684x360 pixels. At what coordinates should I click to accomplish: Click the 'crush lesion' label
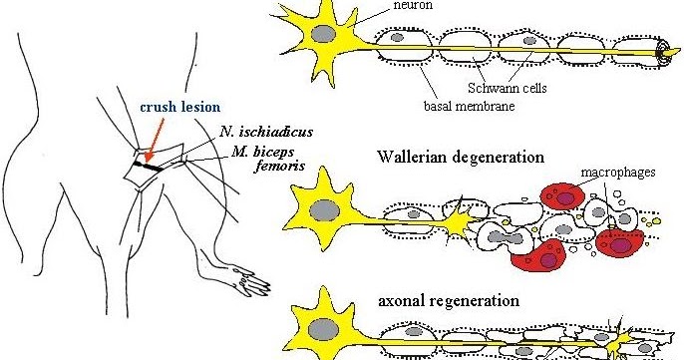[180, 107]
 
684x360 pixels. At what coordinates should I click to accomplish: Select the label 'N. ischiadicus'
[266, 132]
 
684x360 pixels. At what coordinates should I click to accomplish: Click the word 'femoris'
[279, 166]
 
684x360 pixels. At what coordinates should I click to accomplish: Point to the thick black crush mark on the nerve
[148, 166]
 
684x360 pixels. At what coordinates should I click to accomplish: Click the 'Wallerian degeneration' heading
[461, 157]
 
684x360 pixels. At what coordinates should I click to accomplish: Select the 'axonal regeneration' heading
[449, 300]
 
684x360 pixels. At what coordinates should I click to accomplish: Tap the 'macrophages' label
[618, 173]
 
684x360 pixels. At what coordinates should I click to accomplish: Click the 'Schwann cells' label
[507, 88]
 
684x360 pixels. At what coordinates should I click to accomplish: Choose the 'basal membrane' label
[469, 106]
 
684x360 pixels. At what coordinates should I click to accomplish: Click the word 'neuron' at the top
[413, 5]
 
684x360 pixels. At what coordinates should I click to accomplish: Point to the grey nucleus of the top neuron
[323, 34]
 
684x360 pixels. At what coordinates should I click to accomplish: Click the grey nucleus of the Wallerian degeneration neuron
[325, 211]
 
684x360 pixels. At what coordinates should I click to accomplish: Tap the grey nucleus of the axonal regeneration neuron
[323, 329]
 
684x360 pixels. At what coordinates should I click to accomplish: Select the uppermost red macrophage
[562, 196]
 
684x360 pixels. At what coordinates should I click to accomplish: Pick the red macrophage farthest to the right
[619, 243]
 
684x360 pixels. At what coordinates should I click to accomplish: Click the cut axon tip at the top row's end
[666, 52]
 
